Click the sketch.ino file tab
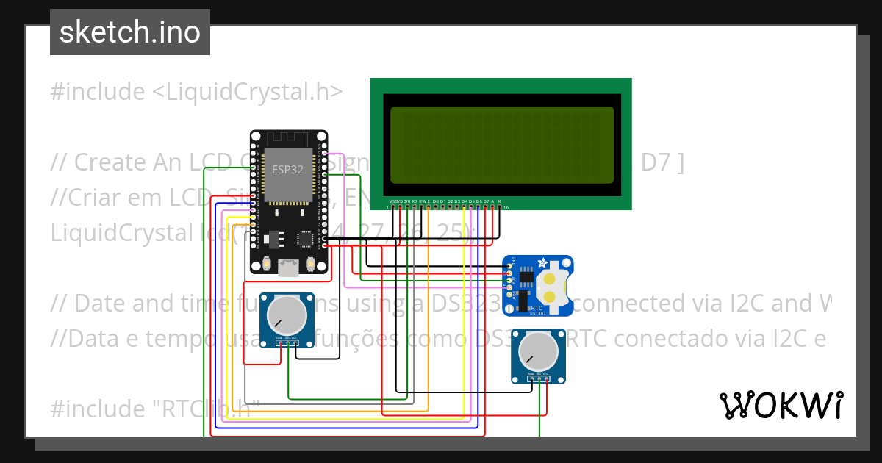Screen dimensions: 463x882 130,32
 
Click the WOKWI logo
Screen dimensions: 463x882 781,405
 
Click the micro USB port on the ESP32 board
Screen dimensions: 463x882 289,269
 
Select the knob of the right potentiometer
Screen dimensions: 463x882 539,351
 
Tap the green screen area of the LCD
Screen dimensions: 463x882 502,145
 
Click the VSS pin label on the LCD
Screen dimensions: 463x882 392,201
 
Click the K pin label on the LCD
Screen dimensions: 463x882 500,201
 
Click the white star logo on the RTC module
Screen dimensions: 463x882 542,262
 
